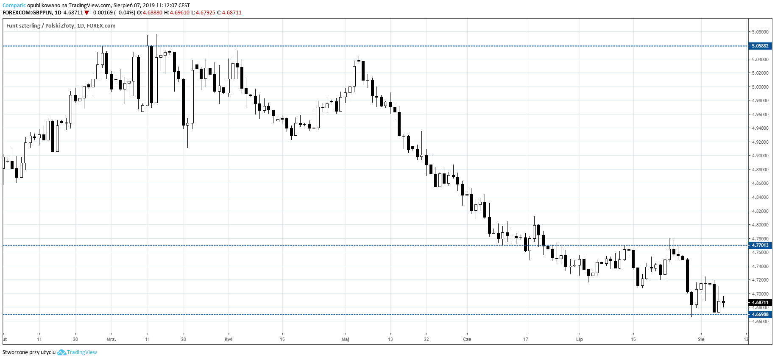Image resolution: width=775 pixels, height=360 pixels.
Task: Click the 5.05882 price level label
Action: click(x=760, y=46)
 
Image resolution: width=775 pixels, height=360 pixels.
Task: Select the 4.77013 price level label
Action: click(x=760, y=245)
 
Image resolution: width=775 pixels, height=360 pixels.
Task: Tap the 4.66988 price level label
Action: click(x=760, y=314)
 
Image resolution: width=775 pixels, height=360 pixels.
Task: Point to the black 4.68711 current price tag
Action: click(x=760, y=302)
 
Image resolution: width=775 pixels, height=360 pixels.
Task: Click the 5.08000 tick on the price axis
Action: click(x=760, y=32)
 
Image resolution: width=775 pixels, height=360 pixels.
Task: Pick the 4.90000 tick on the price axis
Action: click(x=760, y=156)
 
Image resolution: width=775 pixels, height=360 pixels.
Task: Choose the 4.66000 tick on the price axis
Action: click(x=760, y=321)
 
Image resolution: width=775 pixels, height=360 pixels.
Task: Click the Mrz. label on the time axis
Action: click(x=112, y=339)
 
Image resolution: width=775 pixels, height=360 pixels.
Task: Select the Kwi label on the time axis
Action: click(x=229, y=339)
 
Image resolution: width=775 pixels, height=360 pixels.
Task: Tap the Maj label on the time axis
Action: click(x=346, y=339)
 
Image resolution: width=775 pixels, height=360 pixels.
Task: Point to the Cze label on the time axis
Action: click(x=467, y=339)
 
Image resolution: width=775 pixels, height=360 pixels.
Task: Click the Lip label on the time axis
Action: click(x=580, y=339)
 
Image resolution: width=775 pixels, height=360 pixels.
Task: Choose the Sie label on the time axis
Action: click(x=701, y=339)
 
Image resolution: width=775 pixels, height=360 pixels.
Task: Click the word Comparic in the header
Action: click(x=14, y=6)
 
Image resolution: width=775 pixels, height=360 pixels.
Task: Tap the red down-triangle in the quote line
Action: click(x=87, y=13)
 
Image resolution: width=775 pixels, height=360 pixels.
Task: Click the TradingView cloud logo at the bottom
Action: click(x=61, y=352)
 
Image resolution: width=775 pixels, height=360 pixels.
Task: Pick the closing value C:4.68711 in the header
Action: click(x=229, y=13)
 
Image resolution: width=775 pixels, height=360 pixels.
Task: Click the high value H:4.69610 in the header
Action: click(x=177, y=13)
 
